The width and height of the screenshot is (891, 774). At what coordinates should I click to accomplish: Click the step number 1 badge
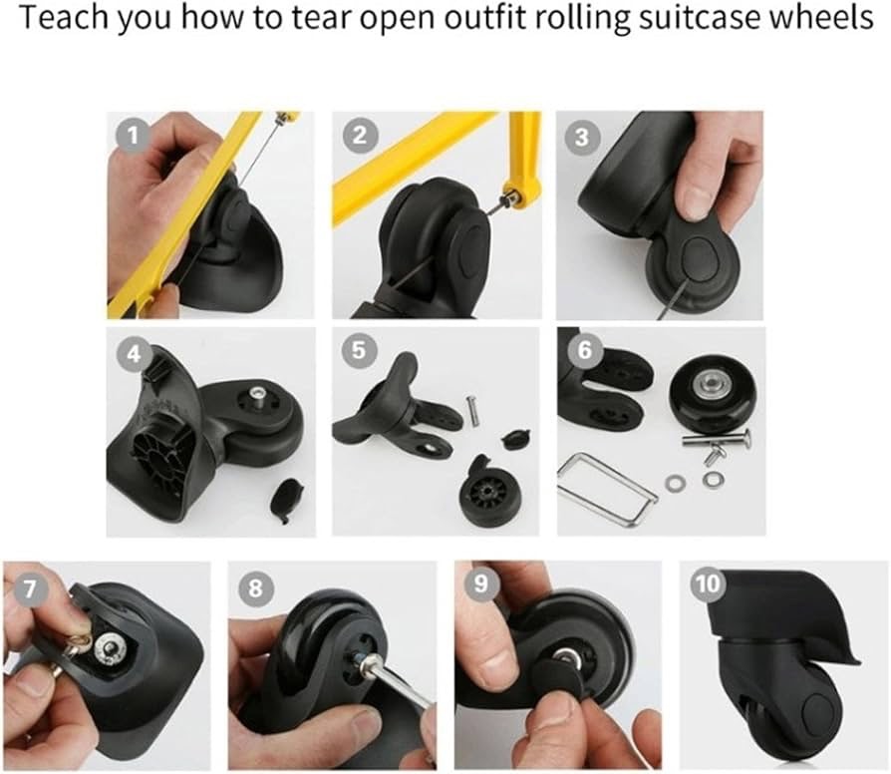click(x=133, y=136)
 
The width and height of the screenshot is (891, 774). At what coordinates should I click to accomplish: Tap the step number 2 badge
click(x=359, y=136)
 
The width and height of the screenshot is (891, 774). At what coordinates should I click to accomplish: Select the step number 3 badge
click(x=581, y=138)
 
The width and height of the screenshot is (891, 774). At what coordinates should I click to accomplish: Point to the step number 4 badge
click(x=133, y=354)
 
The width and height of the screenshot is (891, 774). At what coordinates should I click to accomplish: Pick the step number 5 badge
click(x=358, y=350)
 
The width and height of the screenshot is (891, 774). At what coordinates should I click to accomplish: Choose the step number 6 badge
click(x=584, y=350)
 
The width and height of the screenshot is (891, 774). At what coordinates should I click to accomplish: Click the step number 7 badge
click(x=29, y=588)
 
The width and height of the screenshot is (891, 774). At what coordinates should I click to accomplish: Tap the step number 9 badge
click(x=480, y=583)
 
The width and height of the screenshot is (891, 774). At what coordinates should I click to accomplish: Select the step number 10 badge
click(x=708, y=584)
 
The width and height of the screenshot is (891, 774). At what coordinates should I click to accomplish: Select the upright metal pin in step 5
click(x=472, y=410)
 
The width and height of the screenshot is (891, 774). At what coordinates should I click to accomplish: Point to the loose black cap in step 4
click(x=289, y=500)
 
